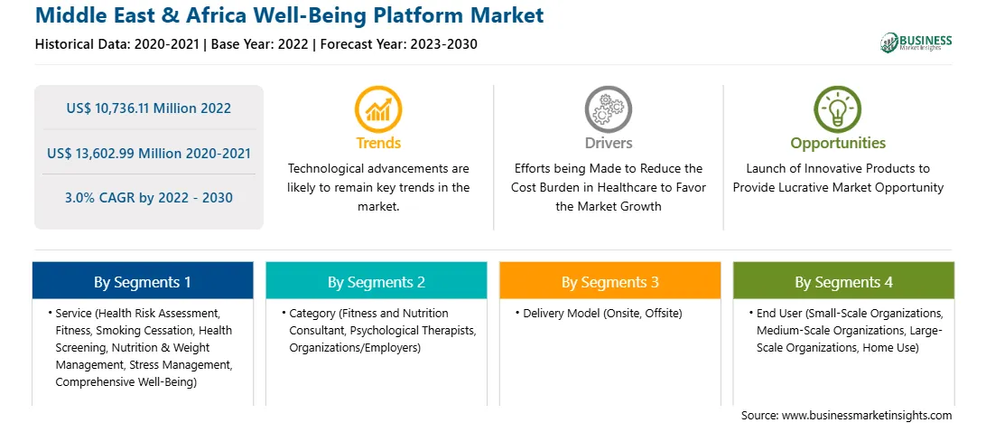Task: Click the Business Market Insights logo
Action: pos(916,42)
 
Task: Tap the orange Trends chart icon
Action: pos(378,109)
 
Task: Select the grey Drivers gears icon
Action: pos(608,109)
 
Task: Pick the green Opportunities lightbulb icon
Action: pos(838,109)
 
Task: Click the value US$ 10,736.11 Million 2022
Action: pos(148,108)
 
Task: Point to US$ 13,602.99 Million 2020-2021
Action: pos(148,153)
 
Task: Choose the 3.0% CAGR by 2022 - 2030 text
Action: pos(148,198)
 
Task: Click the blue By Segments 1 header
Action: pos(143,281)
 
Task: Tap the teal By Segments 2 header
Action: pos(376,281)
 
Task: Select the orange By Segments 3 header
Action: pos(610,281)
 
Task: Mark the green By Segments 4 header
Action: pos(844,281)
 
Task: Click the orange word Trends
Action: pos(378,143)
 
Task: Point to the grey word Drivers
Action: pos(608,143)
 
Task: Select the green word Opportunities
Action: pos(838,144)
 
